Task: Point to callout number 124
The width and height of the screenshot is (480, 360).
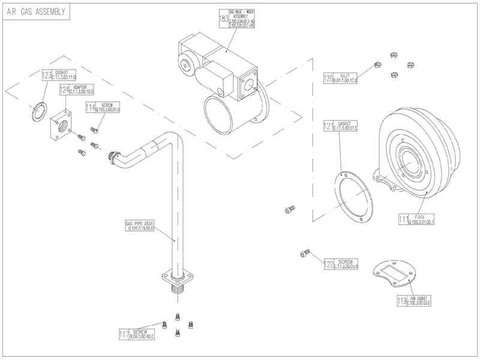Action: point(64,90)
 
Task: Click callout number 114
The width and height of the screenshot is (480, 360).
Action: point(91,108)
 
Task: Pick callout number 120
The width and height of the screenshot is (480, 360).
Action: point(328,79)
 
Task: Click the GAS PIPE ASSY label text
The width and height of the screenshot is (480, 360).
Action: point(140,224)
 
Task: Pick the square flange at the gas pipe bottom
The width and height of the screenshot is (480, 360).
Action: point(175,279)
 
